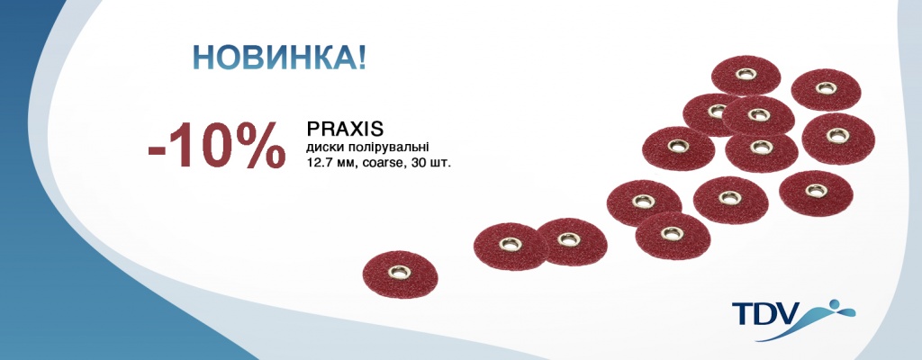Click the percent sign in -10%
coord(256,146)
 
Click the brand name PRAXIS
coord(345,128)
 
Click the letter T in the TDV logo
coord(742,313)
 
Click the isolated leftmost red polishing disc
coord(401,274)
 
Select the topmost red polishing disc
coord(746,76)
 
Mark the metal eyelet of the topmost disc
coord(746,74)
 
